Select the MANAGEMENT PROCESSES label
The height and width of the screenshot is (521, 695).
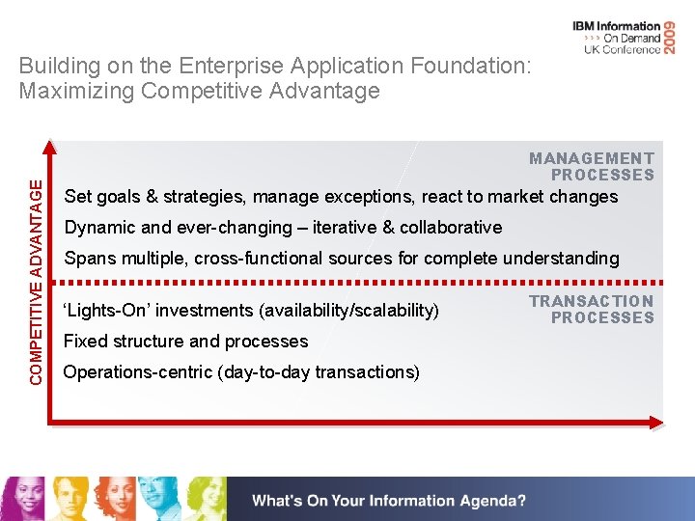(592, 166)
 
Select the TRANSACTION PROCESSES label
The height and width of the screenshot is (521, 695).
(592, 309)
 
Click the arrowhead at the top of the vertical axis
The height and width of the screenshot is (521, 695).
(49, 148)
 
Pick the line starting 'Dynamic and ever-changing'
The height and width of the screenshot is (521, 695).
(282, 228)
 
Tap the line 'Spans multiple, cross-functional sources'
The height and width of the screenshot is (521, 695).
(341, 259)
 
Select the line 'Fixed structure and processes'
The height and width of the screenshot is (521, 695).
(185, 342)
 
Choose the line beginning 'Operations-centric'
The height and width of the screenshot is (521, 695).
(241, 372)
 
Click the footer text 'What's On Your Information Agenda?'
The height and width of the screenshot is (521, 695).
(389, 501)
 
